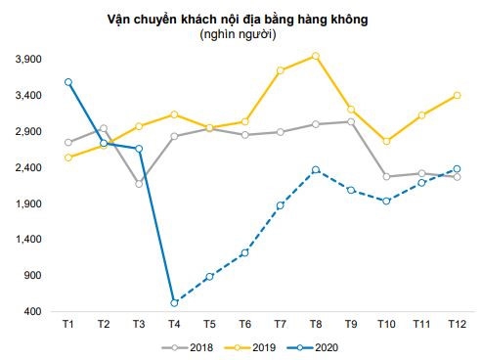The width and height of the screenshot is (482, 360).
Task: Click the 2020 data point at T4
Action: coord(174,302)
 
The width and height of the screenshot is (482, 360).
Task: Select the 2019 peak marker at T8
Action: coord(316,56)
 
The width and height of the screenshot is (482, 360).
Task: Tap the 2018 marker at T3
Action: coord(139,183)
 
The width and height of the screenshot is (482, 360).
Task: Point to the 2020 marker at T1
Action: coord(68,82)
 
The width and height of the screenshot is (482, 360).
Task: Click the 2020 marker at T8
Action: coord(316,170)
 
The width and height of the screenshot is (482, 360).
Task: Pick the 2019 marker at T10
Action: coord(386,142)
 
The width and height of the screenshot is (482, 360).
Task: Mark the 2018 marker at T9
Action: coord(351,121)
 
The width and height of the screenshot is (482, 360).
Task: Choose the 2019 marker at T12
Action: coord(457,95)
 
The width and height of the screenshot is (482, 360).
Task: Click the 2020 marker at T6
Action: coord(244,252)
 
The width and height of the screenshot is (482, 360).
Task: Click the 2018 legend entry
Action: coord(192,345)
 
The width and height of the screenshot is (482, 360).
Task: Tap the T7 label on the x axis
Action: coord(281,324)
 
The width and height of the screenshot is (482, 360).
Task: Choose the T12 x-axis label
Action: coord(457,324)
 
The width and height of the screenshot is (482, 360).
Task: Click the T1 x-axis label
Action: coord(68,324)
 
